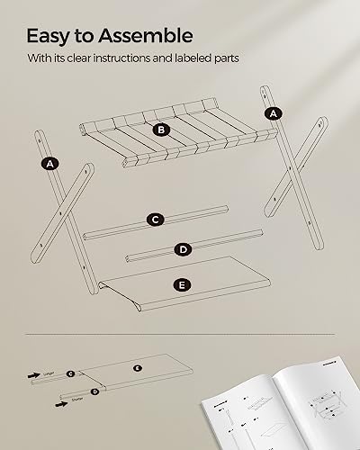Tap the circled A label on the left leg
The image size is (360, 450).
(x=50, y=163)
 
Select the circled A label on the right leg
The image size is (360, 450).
(x=272, y=112)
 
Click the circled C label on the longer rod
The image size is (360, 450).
(x=156, y=220)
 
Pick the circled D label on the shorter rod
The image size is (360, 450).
(x=183, y=249)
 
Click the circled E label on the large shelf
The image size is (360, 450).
(x=183, y=284)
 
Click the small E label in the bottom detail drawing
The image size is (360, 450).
(x=137, y=368)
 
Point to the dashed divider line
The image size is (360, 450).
(x=180, y=334)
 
